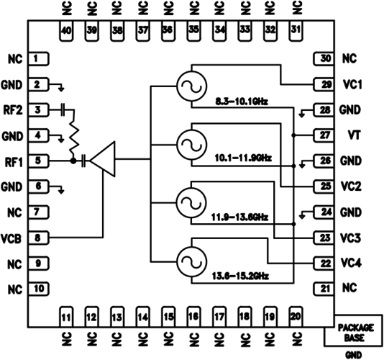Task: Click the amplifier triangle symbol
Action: tap(103, 159)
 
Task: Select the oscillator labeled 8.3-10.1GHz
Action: tap(192, 86)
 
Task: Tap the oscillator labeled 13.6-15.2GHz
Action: tap(192, 261)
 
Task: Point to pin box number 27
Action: tap(324, 135)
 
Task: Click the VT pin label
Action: tap(354, 135)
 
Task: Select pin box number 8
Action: tap(39, 238)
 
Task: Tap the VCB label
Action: tap(12, 239)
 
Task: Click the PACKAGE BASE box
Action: tap(354, 330)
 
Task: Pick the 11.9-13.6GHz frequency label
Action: tap(239, 217)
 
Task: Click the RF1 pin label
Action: tap(14, 162)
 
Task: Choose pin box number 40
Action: tap(66, 31)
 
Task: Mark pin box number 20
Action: tap(296, 317)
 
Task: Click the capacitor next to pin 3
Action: tap(63, 109)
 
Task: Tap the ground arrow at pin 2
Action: tap(61, 87)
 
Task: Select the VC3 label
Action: tap(350, 238)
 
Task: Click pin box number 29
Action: tap(324, 85)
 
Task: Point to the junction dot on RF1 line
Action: tap(73, 161)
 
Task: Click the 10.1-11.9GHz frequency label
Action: tap(243, 158)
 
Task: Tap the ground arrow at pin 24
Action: tap(302, 215)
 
